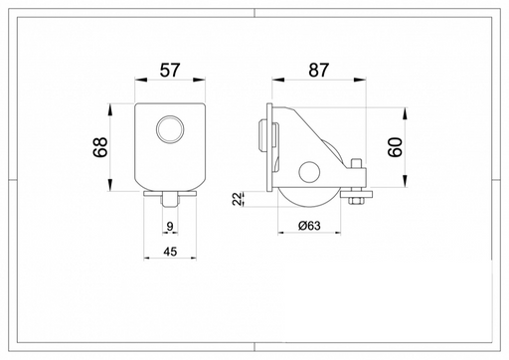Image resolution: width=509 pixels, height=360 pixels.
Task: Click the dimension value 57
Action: [170, 70]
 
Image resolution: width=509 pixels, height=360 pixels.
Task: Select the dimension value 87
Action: [318, 70]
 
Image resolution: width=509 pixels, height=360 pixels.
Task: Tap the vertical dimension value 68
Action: [100, 147]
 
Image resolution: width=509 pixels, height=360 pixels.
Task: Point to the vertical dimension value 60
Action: [395, 147]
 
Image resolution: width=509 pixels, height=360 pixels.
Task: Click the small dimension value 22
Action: [238, 199]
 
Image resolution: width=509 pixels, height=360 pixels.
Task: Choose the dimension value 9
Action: [170, 227]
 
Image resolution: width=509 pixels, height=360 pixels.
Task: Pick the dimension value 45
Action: [170, 252]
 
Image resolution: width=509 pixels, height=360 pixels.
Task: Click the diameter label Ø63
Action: [309, 226]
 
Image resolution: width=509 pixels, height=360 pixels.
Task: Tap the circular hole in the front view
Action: [170, 128]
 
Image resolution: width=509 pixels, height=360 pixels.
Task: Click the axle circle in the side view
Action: [309, 172]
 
